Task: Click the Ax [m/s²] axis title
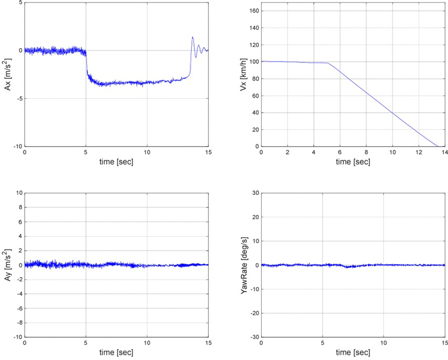point(7,75)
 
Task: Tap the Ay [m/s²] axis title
point(7,265)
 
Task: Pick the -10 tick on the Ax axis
point(18,146)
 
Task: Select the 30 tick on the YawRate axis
point(255,193)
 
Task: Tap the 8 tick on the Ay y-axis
point(20,207)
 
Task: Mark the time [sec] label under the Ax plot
point(116,162)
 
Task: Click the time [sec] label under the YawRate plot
point(353,352)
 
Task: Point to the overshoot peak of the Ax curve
point(193,37)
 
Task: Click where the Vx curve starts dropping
point(328,63)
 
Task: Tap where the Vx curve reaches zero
point(438,146)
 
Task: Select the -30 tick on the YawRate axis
point(253,337)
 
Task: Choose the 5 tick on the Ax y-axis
point(20,3)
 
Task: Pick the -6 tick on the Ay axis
point(19,308)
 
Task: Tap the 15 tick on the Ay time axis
point(208,343)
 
